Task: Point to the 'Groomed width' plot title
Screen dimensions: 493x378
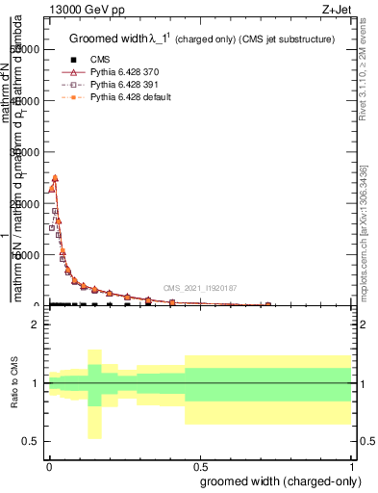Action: (108, 39)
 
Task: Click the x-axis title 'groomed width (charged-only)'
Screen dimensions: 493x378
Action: (280, 481)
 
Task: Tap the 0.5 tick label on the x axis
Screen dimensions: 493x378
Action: (200, 466)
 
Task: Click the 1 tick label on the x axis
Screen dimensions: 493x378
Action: (352, 466)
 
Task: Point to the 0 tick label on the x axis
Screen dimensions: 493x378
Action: (48, 466)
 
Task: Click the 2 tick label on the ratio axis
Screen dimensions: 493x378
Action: (35, 324)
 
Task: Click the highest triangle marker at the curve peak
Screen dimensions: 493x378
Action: (55, 177)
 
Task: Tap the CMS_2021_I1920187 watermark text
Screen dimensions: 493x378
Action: (201, 288)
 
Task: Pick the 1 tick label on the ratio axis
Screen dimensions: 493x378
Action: (35, 383)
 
